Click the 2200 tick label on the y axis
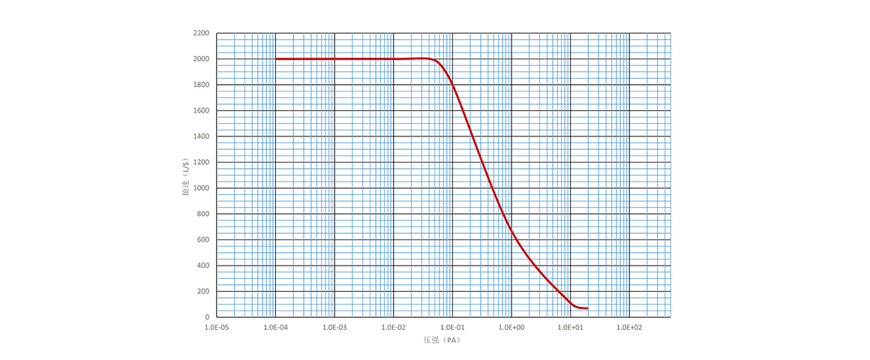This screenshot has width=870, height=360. [x=201, y=33]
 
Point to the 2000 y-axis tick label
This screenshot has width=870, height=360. [x=201, y=58]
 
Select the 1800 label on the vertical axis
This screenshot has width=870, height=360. [x=201, y=85]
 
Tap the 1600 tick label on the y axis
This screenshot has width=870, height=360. [x=201, y=110]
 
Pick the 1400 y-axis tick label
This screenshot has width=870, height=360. [x=201, y=136]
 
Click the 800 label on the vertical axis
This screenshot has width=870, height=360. [x=203, y=214]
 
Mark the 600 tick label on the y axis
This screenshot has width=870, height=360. [x=203, y=240]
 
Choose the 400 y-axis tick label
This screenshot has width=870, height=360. [x=203, y=265]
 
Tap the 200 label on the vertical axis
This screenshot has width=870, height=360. [x=203, y=291]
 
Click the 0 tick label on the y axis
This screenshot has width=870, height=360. [x=208, y=317]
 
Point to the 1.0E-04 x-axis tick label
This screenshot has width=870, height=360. [x=276, y=328]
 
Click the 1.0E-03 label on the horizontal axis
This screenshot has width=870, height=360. [x=334, y=328]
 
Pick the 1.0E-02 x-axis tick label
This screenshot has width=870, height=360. [x=394, y=328]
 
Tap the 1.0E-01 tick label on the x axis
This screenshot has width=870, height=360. [x=452, y=328]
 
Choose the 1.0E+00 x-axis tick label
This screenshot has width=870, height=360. [x=511, y=328]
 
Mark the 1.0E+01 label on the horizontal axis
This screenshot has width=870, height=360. [x=570, y=328]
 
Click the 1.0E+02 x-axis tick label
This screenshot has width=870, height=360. [x=628, y=328]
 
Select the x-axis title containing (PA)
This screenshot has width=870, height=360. [x=441, y=340]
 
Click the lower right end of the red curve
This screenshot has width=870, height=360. [x=587, y=308]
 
